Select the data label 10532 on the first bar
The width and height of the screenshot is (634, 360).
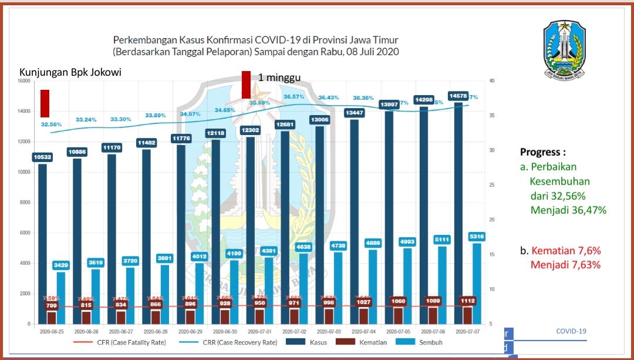(43, 157)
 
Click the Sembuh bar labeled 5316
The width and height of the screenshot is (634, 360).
(476, 282)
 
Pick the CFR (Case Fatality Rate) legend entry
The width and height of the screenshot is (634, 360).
(120, 342)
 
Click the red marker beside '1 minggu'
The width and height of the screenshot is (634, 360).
(246, 85)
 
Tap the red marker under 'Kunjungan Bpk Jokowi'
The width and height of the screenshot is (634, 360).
(45, 103)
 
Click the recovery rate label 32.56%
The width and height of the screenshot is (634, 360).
(51, 125)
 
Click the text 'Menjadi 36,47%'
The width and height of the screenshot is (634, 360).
(568, 210)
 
